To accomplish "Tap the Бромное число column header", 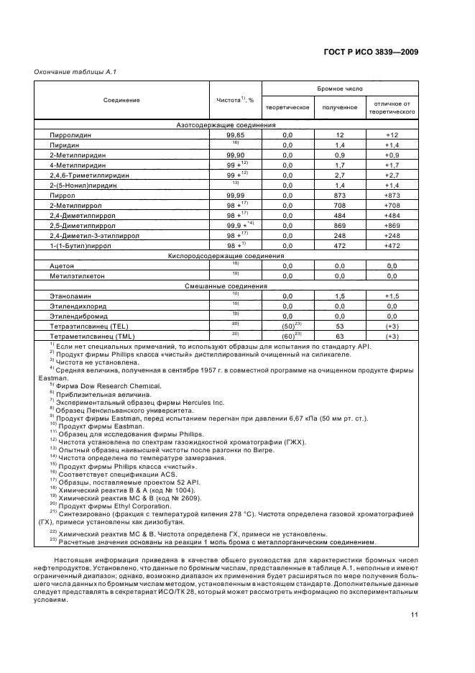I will tap(340, 88).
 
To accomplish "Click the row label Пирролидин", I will tap(70, 134).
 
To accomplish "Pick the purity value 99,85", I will tap(236, 134).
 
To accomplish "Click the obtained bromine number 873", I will tap(341, 195).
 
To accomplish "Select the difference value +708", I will tap(392, 205).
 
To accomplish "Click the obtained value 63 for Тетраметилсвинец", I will tap(341, 336).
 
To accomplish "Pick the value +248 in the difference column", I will tap(392, 235).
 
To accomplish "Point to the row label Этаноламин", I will tap(70, 296).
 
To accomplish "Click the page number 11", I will tap(415, 614).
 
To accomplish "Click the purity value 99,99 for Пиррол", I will tap(236, 195).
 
